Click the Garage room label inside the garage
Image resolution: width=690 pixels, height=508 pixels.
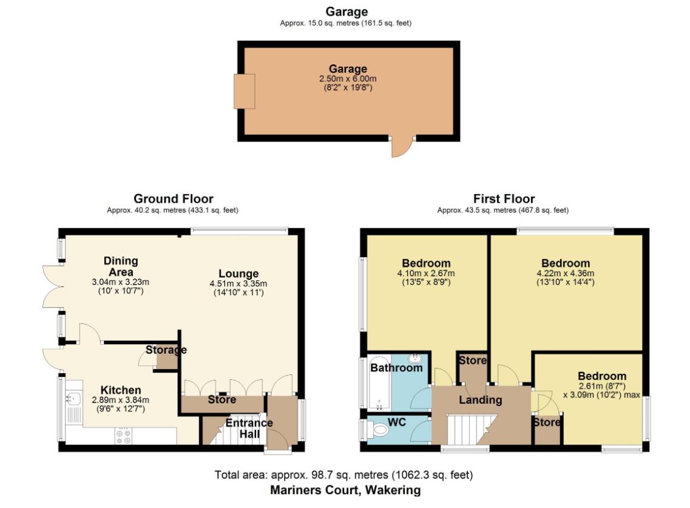tap(348, 69)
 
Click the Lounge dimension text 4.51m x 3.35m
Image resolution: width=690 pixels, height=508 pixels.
tap(238, 283)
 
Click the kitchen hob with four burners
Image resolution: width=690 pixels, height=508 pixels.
tap(123, 436)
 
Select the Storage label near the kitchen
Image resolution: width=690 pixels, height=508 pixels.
tap(166, 350)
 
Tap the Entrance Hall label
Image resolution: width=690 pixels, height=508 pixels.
tap(249, 428)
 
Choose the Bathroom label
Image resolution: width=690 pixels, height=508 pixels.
tap(396, 368)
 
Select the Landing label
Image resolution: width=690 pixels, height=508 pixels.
tap(480, 400)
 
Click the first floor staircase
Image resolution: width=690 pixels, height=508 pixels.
tap(470, 430)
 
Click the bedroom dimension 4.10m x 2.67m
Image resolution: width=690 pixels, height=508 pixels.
tap(426, 274)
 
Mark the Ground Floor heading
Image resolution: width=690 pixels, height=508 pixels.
tap(173, 198)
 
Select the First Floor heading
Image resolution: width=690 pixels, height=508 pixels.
tap(504, 198)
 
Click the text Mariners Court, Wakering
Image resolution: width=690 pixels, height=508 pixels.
tap(345, 490)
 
